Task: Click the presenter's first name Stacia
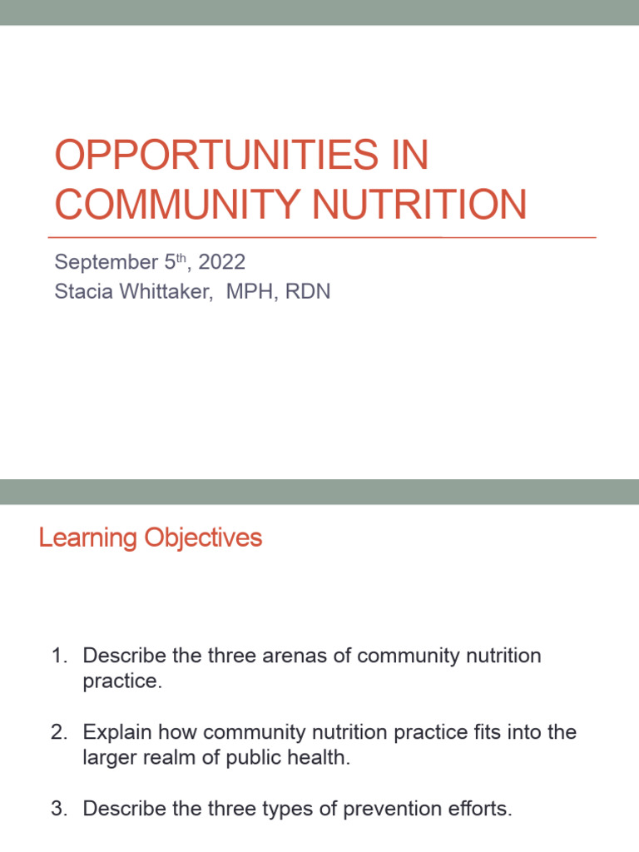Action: (x=81, y=293)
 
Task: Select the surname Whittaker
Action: (x=166, y=293)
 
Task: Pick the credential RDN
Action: (x=307, y=293)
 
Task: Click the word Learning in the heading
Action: (x=88, y=538)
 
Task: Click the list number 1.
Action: (x=58, y=656)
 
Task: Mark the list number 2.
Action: (x=58, y=732)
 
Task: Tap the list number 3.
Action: (x=58, y=808)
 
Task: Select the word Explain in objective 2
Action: (x=115, y=732)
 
